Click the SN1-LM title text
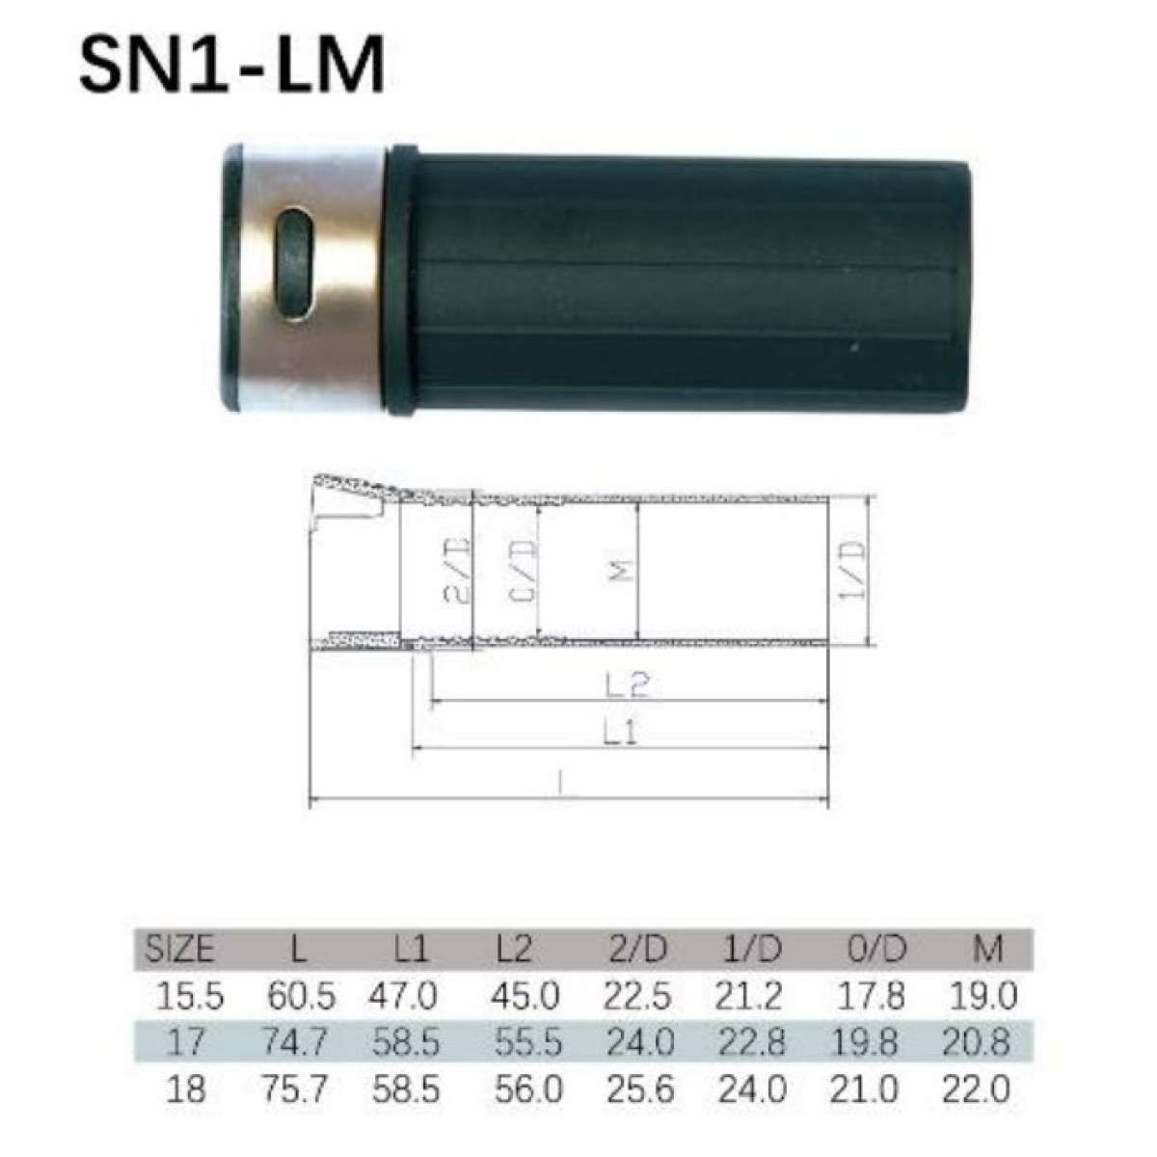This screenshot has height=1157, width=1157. click(x=232, y=65)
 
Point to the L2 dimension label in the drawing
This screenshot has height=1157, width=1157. click(x=628, y=684)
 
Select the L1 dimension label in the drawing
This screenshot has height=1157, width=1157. click(x=621, y=733)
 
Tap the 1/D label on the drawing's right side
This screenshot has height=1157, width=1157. click(x=852, y=570)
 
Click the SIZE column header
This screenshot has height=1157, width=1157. click(x=179, y=950)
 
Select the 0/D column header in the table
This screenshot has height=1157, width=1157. click(x=877, y=950)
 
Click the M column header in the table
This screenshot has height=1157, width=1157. click(x=987, y=950)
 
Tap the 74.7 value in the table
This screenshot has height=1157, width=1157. click(x=298, y=1042)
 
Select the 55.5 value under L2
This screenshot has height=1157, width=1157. click(x=527, y=1042)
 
